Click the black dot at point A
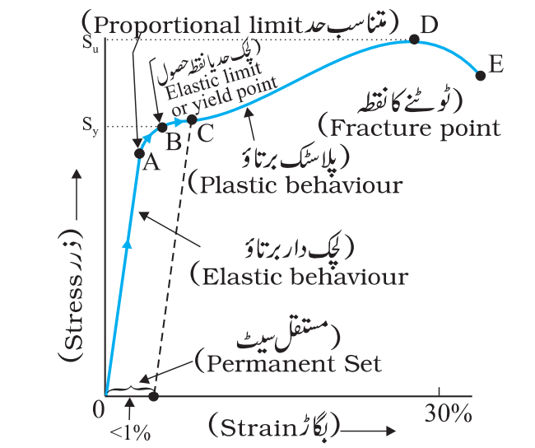[x=139, y=153]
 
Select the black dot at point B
[x=162, y=128]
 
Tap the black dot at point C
[x=192, y=119]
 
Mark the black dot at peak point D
[x=414, y=40]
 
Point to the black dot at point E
[x=481, y=76]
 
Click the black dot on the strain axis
[x=154, y=396]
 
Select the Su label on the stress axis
[x=91, y=44]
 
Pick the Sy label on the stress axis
[x=90, y=127]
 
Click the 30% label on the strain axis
[x=449, y=414]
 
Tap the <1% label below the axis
[x=130, y=433]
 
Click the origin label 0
[x=99, y=410]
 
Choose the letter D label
[x=429, y=24]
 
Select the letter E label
[x=495, y=64]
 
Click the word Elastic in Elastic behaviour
[x=240, y=276]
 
